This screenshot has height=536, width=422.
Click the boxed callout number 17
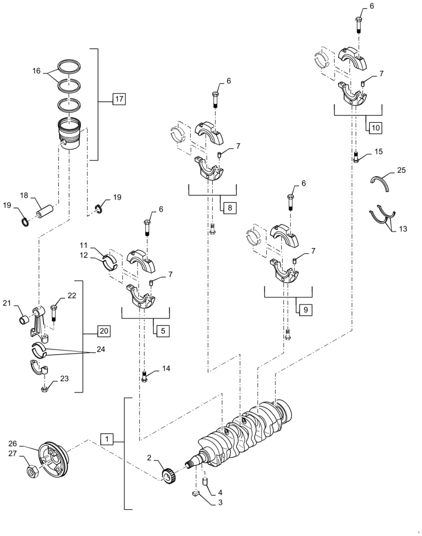[x=119, y=99]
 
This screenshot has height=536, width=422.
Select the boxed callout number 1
[x=107, y=440]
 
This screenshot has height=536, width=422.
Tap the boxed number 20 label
[x=104, y=331]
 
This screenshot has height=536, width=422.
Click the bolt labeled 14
[x=145, y=377]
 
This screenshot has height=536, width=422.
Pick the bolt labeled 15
[x=356, y=157]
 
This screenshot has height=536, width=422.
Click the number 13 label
[x=403, y=229]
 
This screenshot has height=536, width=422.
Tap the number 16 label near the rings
[x=36, y=70]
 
